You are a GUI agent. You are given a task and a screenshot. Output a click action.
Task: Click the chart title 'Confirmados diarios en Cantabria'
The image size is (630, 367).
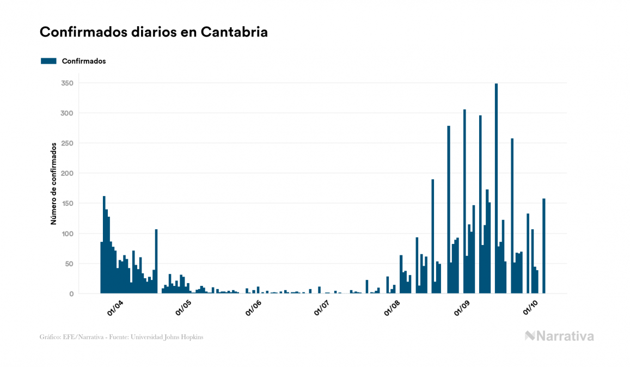coord(154,32)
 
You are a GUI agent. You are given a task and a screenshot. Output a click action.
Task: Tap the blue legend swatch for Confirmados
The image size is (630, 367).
coord(48,61)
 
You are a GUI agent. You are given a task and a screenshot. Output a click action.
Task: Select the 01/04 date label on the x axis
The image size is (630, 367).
coord(115,308)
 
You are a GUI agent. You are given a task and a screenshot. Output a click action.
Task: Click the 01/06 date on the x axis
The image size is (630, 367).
coord(254,308)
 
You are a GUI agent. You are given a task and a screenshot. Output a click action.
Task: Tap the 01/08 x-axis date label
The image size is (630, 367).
coord(392,308)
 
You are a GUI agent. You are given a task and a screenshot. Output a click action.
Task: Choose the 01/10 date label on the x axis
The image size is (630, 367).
coord(530,308)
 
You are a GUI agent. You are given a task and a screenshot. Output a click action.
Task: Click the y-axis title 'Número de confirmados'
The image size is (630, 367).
coord(54,184)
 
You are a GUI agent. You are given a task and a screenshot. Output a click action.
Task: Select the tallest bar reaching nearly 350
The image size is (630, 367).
coord(496,188)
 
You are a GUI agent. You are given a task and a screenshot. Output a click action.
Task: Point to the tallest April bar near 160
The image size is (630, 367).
coord(104,245)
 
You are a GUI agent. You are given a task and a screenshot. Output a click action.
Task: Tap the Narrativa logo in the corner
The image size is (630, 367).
coord(559,336)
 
